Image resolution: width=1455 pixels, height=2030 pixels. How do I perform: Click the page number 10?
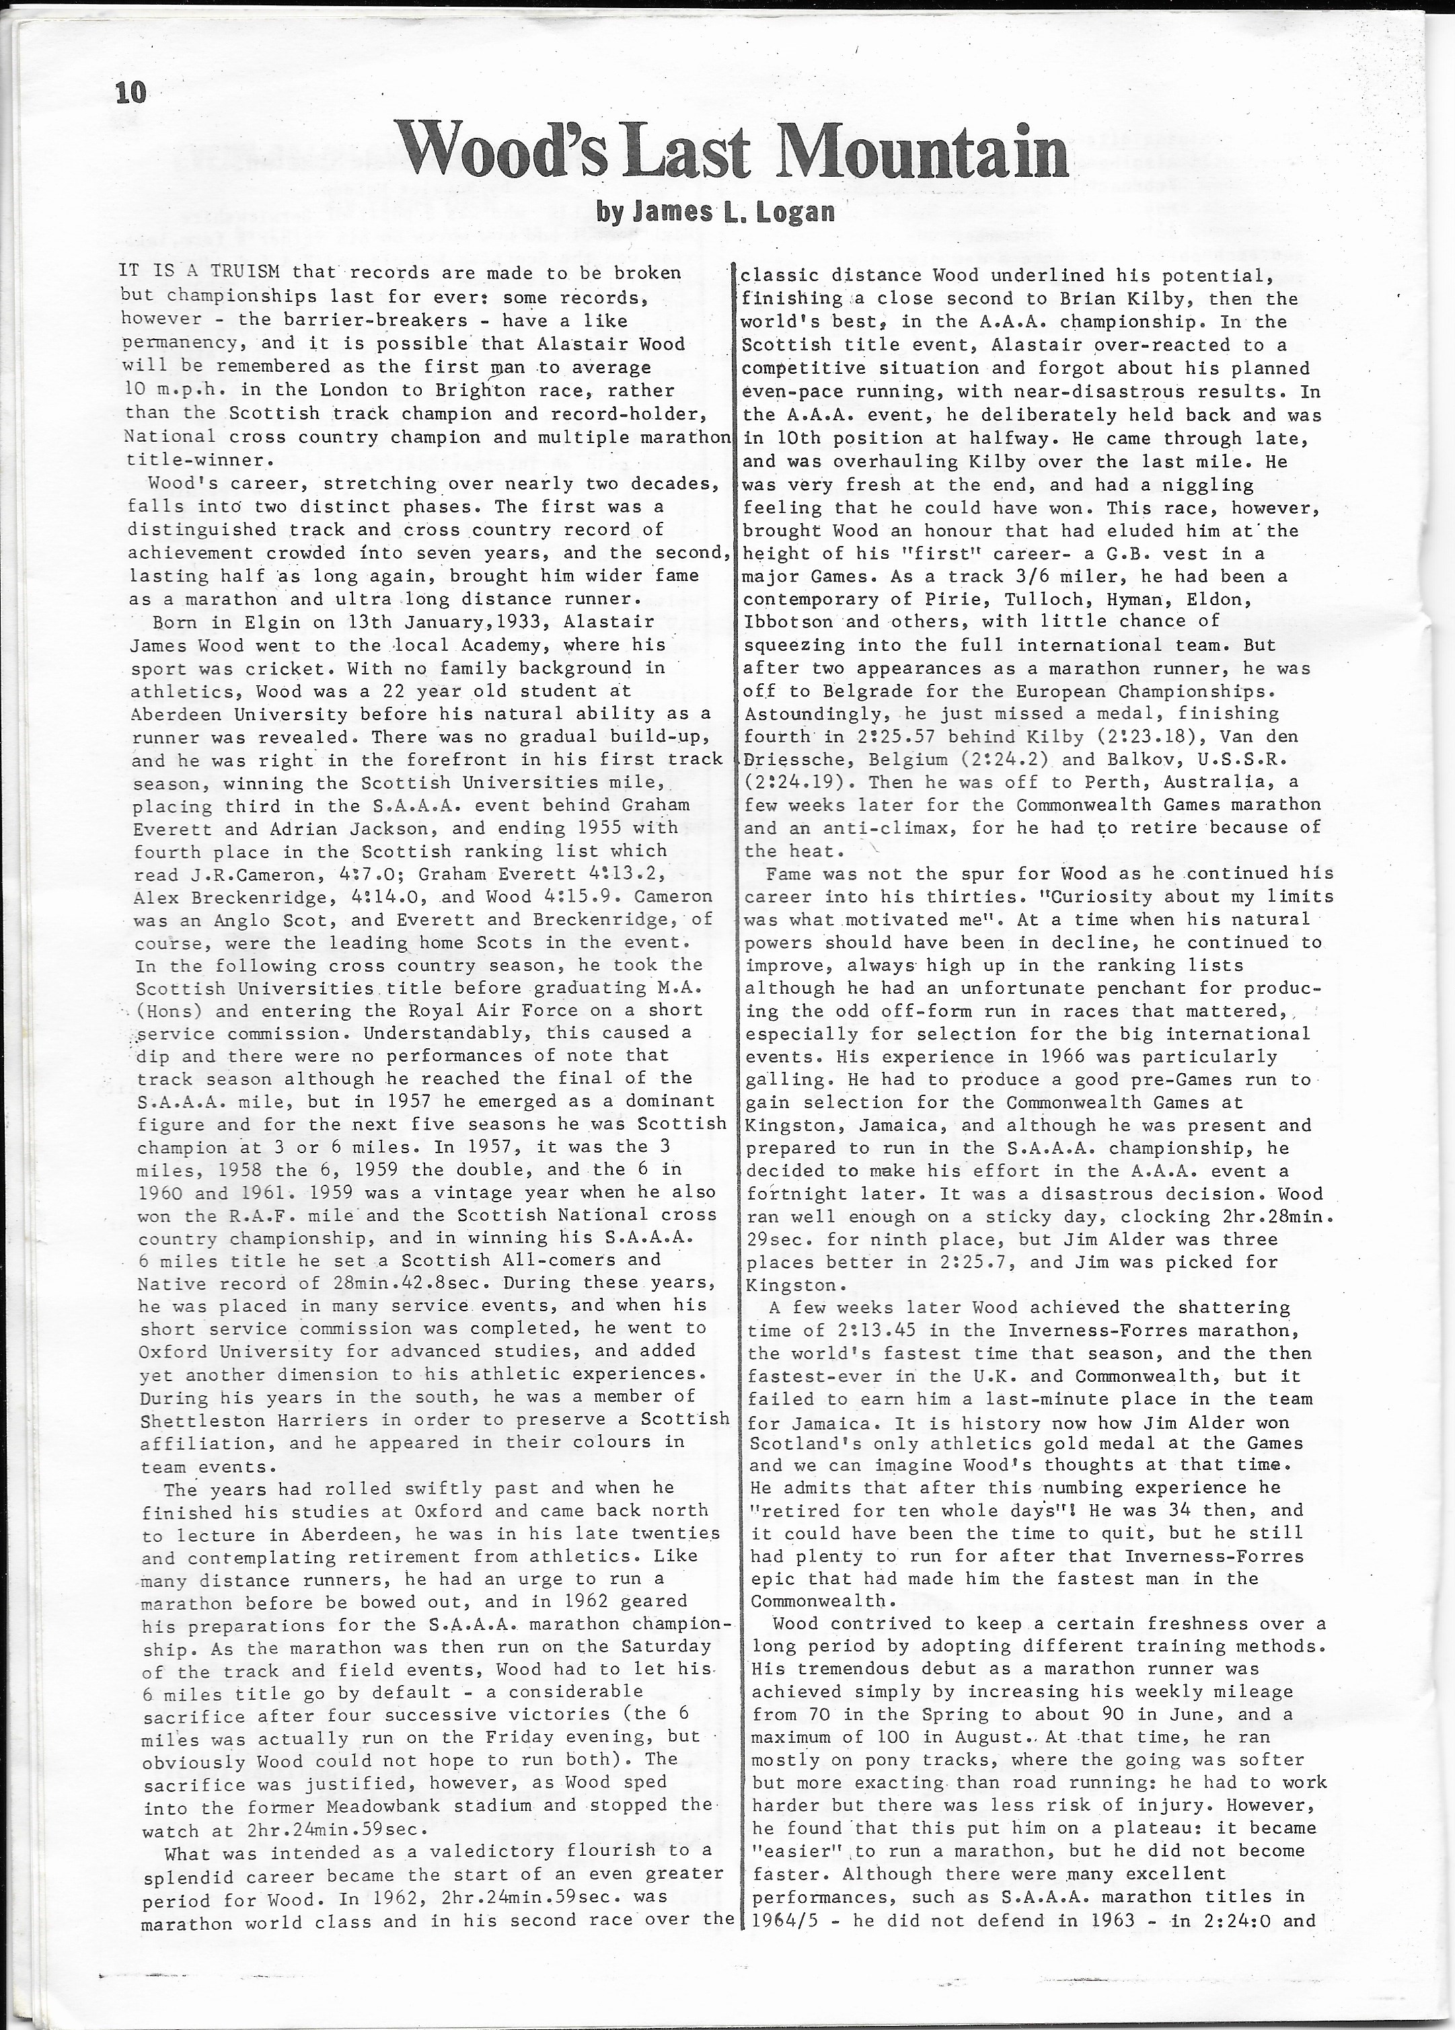pyautogui.click(x=130, y=91)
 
